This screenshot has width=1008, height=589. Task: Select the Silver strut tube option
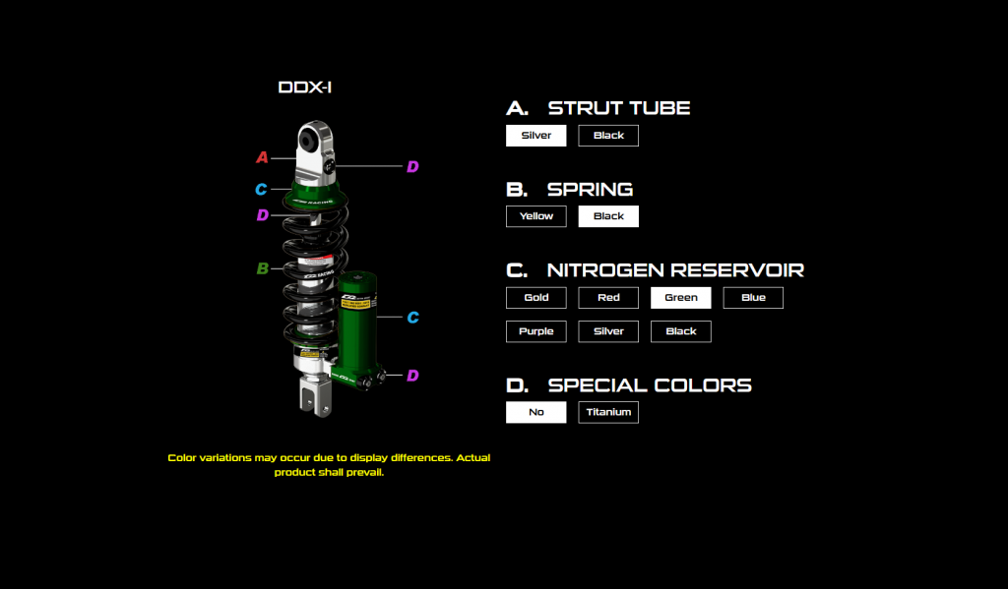coord(535,136)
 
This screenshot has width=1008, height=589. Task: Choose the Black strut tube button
coord(608,136)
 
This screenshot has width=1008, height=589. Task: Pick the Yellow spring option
coord(535,216)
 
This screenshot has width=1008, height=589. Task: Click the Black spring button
coord(608,216)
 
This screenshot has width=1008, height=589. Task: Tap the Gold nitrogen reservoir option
coord(535,297)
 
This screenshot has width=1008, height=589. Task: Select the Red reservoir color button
coord(608,297)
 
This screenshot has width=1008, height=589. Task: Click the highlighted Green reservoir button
coord(680,297)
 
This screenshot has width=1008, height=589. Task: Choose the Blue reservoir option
coord(753,297)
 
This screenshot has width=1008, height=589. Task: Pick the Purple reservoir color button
coord(535,331)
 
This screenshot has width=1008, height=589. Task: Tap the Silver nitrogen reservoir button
coord(608,331)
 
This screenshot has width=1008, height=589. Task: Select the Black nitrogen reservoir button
coord(680,331)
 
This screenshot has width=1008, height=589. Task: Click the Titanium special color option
coord(608,412)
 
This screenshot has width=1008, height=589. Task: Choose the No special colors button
coord(535,412)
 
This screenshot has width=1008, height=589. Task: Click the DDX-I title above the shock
coord(305,88)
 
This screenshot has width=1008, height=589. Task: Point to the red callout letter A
coord(262,157)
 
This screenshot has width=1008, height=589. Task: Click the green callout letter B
coord(262,268)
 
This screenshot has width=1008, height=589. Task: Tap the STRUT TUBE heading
coord(619,108)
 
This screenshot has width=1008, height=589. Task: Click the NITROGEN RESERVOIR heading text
coord(675,269)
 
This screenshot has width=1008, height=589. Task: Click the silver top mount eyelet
coord(316,143)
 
